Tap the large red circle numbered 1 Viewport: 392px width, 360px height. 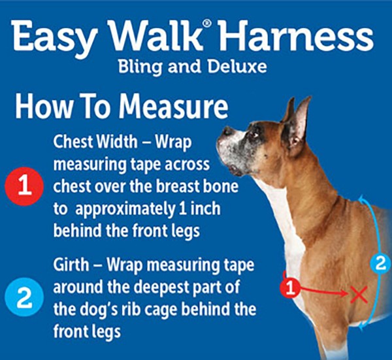24,186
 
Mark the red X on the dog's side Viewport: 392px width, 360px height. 358,294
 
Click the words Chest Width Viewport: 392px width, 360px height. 88,141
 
